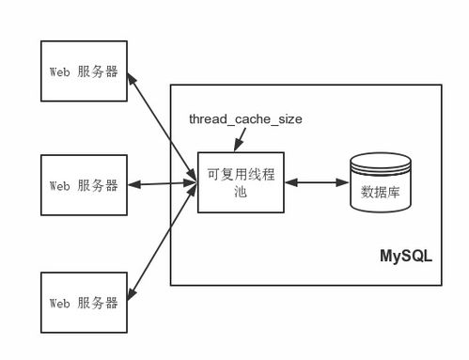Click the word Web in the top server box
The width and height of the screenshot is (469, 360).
coord(59,70)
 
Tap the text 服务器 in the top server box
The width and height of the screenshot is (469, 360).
coord(98,70)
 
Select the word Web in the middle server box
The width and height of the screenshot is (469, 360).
coord(59,184)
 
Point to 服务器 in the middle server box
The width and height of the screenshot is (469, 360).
coord(98,184)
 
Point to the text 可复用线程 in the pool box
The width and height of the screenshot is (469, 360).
coord(240,174)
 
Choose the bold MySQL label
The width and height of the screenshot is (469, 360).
coord(405,255)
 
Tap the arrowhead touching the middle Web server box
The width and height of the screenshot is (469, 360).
coord(133,183)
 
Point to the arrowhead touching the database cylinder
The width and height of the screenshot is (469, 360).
coord(342,182)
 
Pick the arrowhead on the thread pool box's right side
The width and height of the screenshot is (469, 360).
coord(289,182)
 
